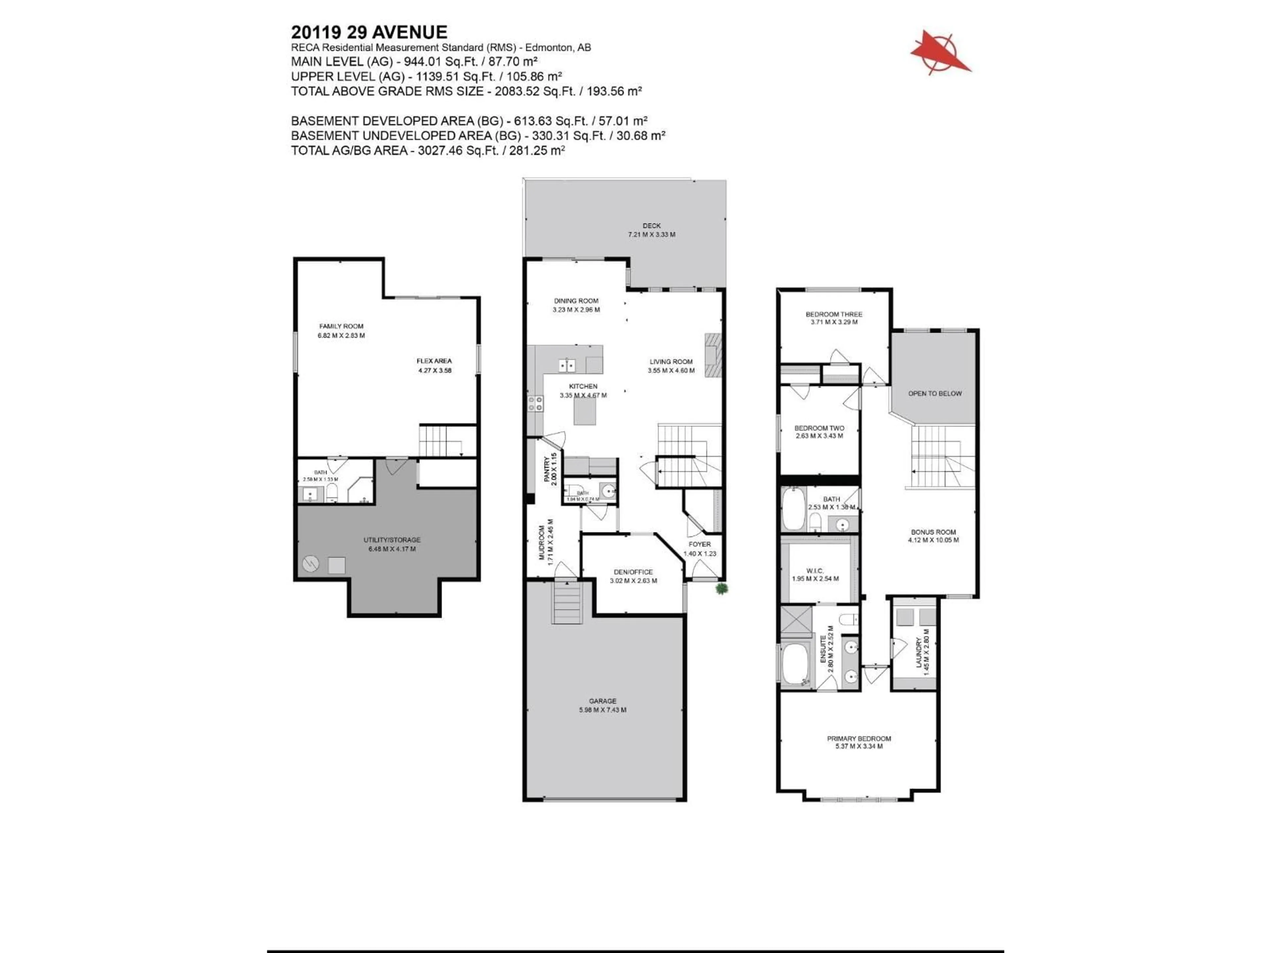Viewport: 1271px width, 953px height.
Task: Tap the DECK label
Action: click(x=652, y=226)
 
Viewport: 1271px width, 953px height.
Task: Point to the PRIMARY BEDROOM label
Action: click(x=859, y=739)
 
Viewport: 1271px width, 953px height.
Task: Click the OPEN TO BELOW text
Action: click(x=934, y=393)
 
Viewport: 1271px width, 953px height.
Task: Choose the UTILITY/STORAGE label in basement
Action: click(x=392, y=540)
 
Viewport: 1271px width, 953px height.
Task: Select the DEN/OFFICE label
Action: click(x=633, y=572)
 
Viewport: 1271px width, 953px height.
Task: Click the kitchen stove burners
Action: click(x=536, y=403)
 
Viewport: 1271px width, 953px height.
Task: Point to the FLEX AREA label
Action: click(x=434, y=361)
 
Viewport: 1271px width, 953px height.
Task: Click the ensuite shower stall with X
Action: click(x=795, y=622)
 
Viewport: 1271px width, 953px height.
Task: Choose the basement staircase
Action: click(x=441, y=441)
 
